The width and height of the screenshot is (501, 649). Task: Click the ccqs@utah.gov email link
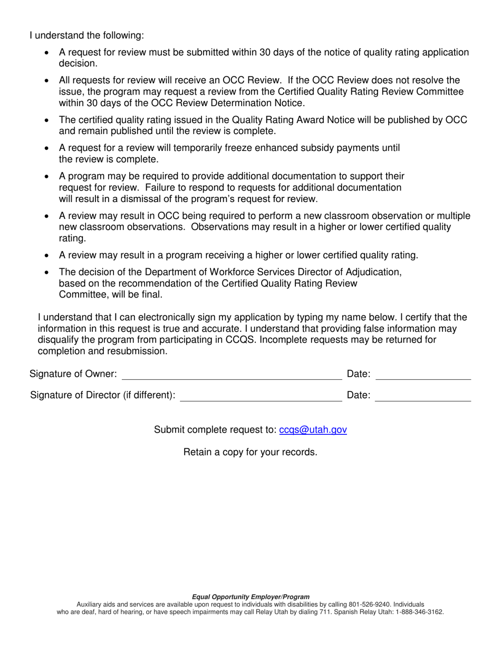[313, 430]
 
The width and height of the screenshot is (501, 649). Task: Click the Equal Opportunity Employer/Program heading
[250, 597]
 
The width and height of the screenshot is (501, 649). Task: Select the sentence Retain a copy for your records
[250, 452]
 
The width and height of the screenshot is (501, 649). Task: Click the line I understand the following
[86, 35]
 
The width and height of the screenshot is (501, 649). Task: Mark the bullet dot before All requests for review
[47, 81]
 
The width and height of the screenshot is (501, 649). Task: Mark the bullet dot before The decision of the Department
[47, 272]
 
